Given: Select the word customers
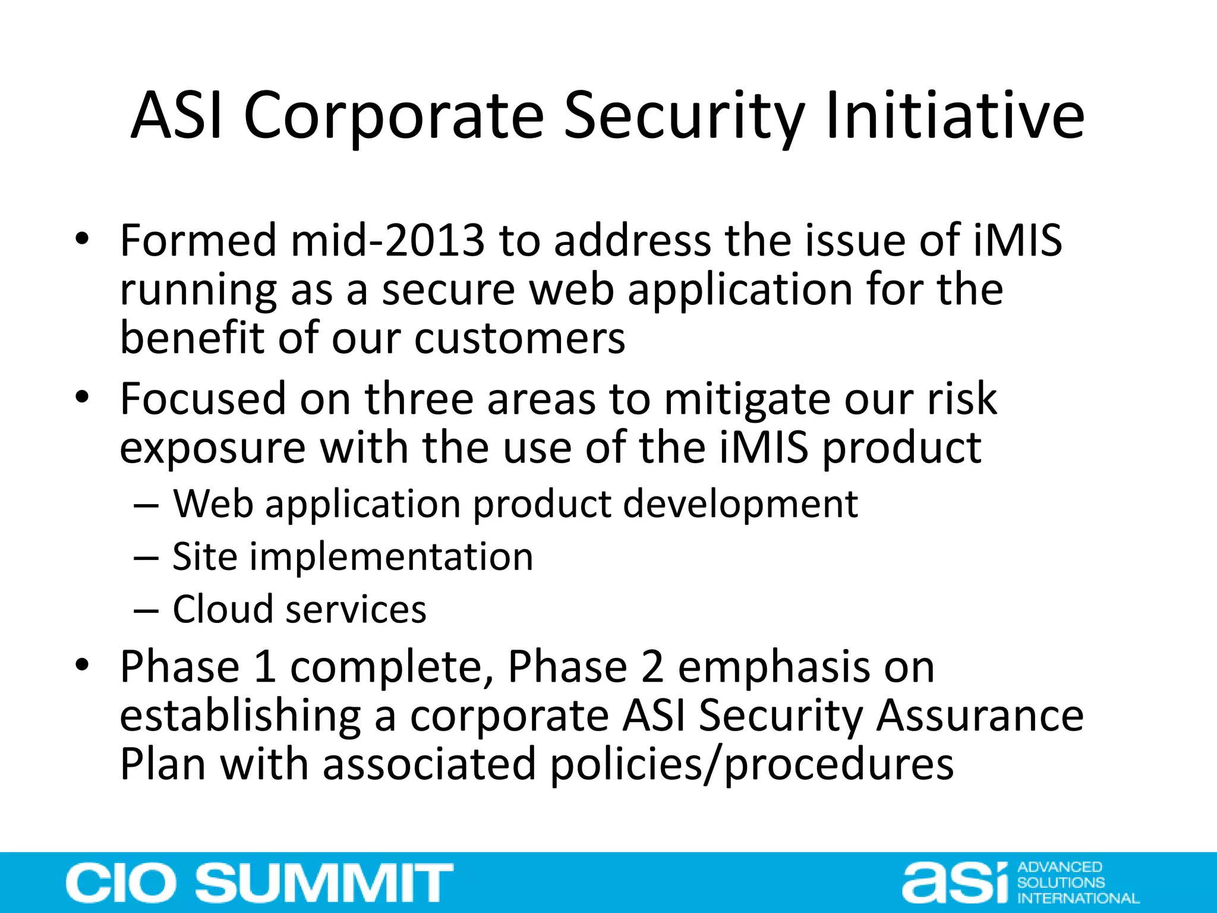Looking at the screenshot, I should click(x=519, y=338).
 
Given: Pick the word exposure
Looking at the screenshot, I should click(x=212, y=448).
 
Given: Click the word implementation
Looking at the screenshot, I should click(x=390, y=557).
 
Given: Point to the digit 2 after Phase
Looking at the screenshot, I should click(x=652, y=666).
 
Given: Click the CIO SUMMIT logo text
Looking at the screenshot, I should click(x=259, y=883).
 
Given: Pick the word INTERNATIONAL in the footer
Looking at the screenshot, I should click(x=1078, y=898).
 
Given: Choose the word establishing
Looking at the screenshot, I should click(x=240, y=716).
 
